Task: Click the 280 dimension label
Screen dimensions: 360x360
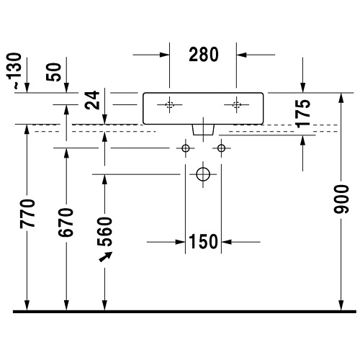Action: click(204, 55)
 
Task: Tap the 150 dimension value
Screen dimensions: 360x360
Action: click(204, 242)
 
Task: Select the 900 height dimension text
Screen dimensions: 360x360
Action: click(341, 199)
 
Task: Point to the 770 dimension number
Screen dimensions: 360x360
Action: click(27, 213)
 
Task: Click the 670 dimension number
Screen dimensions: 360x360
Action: click(66, 222)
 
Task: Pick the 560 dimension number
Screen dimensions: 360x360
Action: click(104, 231)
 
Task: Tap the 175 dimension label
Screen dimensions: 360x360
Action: click(302, 114)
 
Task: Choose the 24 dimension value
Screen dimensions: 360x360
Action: click(92, 100)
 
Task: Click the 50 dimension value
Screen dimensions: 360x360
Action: click(54, 72)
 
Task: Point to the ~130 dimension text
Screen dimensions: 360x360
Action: click(14, 71)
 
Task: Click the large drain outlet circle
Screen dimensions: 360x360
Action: click(203, 174)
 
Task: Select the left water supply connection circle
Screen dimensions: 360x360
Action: click(186, 148)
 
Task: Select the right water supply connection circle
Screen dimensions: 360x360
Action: click(221, 148)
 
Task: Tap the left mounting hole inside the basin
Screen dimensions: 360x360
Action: click(169, 104)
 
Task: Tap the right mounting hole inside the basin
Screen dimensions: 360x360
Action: click(236, 104)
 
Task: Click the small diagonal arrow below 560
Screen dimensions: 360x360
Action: click(106, 257)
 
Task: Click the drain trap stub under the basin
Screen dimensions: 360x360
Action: click(203, 130)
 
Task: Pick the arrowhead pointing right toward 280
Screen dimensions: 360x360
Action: click(165, 55)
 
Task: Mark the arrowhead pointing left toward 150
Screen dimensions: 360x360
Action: click(227, 242)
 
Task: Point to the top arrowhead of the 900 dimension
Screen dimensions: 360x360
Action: click(341, 98)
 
